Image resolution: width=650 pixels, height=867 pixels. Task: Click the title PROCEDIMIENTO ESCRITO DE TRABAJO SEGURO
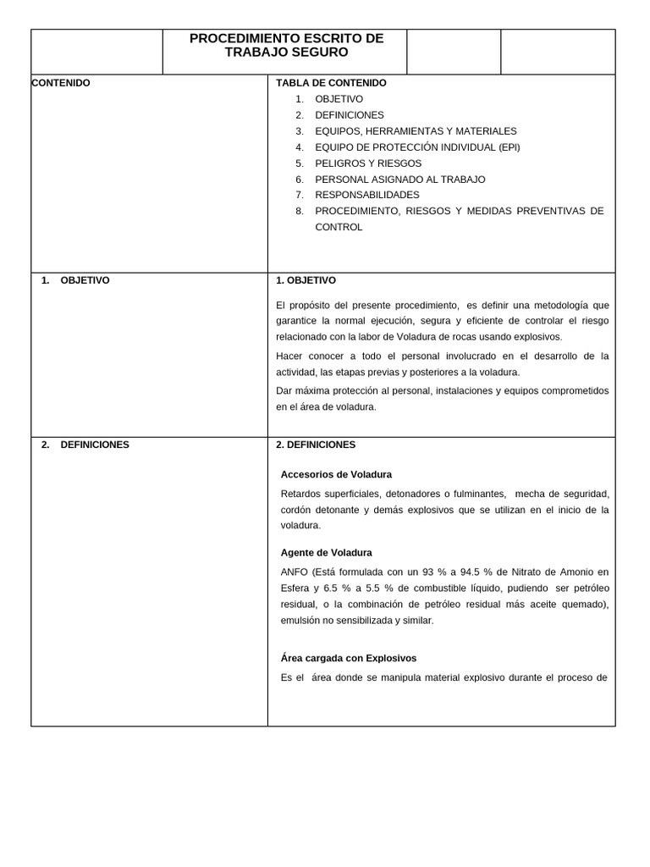point(286,45)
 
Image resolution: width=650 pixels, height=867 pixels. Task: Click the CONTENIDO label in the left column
point(60,83)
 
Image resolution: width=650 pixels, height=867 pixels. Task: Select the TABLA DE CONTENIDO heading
point(331,83)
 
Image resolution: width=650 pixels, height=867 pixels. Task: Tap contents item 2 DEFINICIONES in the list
point(349,115)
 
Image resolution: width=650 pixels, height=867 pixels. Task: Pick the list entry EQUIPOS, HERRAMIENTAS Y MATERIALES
point(416,131)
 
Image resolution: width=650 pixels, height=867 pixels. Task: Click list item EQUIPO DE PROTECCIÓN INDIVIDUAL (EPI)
point(417,147)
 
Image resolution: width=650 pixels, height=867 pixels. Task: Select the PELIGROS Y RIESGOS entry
point(367,163)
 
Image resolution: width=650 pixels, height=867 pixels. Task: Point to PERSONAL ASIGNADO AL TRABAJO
point(399,179)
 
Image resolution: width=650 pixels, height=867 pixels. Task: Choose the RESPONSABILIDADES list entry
point(366,195)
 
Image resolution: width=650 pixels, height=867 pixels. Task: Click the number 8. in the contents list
point(300,211)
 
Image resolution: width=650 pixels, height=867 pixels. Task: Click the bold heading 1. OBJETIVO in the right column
point(306,280)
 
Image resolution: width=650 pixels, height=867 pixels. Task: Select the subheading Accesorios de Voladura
point(336,474)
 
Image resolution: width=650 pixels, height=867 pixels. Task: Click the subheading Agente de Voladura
point(326,553)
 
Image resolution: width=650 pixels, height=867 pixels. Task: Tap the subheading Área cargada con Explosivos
point(348,658)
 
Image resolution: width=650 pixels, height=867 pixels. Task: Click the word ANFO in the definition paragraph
point(295,572)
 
